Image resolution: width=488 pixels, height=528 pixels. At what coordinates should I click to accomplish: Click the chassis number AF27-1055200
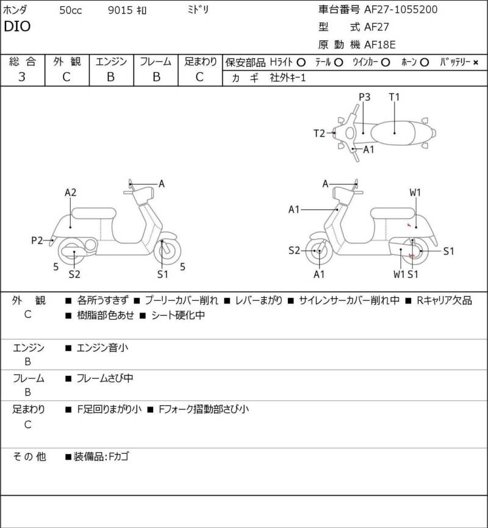pos(400,9)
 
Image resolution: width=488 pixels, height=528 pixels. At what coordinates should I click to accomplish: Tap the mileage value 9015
pos(119,10)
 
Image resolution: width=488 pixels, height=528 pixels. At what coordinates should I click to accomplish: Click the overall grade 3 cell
pos(22,77)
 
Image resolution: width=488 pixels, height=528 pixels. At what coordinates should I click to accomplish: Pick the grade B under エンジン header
pos(111,77)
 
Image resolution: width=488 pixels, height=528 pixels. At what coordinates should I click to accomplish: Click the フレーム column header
pos(156,62)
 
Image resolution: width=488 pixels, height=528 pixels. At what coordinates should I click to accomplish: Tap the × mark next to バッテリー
pos(476,62)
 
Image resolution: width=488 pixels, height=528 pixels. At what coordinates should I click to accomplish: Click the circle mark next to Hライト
pos(301,62)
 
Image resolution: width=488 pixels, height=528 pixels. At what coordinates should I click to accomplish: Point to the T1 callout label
pos(394,97)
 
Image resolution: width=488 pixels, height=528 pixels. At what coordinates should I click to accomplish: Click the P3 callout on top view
pos(365,97)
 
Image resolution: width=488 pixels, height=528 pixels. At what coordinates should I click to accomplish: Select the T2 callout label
pos(320,132)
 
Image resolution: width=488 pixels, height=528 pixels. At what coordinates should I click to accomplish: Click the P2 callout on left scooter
pos(37,240)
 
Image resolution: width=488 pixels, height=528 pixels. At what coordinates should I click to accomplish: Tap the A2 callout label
pos(71,192)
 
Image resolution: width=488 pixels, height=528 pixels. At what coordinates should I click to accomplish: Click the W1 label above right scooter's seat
pos(415,193)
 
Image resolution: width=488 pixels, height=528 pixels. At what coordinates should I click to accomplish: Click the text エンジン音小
pos(103,348)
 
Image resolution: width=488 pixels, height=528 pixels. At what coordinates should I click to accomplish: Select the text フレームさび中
pos(105,378)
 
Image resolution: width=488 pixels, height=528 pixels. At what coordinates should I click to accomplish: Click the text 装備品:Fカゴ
pos(101,457)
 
